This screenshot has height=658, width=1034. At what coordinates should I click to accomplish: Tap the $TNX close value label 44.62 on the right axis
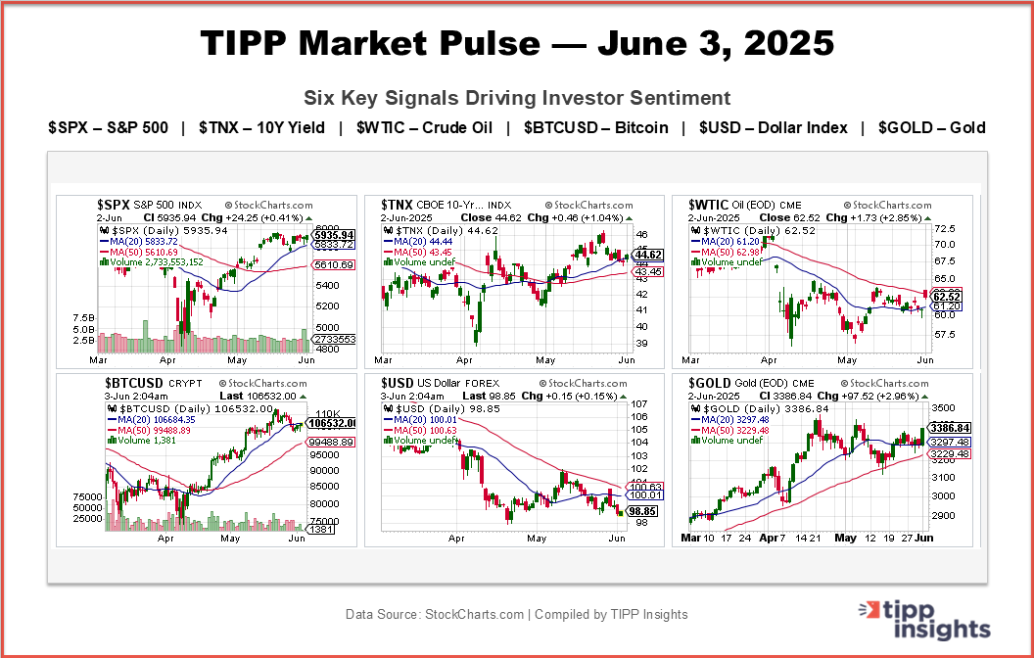click(x=649, y=255)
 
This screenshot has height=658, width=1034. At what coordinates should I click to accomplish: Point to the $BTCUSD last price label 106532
click(x=329, y=423)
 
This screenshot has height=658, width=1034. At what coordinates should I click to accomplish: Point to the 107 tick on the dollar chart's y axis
click(x=640, y=403)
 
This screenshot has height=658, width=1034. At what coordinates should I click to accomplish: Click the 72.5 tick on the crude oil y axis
click(x=944, y=227)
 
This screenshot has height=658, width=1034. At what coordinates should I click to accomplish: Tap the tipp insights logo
click(x=928, y=618)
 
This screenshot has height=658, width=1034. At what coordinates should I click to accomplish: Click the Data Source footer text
click(x=516, y=615)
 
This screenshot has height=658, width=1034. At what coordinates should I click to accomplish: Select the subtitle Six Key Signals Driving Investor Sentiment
click(x=517, y=98)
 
